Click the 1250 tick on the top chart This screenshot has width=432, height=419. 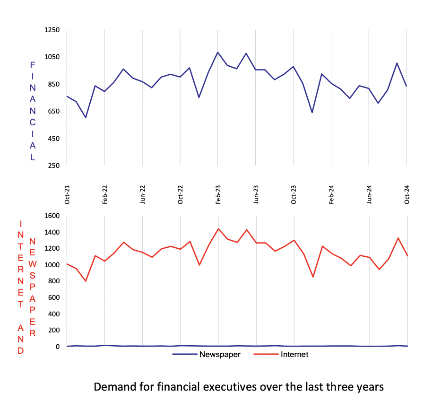pyautogui.click(x=52, y=30)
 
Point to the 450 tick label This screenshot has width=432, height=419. pyautogui.click(x=54, y=139)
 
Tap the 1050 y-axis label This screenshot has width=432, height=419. pyautogui.click(x=52, y=57)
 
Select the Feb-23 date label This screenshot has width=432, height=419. pyautogui.click(x=218, y=194)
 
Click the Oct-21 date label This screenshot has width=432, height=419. pyautogui.click(x=67, y=194)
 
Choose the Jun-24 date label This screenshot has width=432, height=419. pyautogui.click(x=370, y=194)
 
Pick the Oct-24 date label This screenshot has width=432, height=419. pyautogui.click(x=407, y=194)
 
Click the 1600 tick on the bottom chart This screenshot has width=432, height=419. pyautogui.click(x=52, y=216)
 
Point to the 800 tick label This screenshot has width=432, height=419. pyautogui.click(x=54, y=281)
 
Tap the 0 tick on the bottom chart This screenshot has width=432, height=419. pyautogui.click(x=58, y=347)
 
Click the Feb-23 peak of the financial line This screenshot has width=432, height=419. pyautogui.click(x=218, y=52)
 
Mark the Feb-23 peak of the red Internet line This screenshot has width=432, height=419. pyautogui.click(x=218, y=229)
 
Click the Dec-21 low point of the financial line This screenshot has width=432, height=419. pyautogui.click(x=86, y=118)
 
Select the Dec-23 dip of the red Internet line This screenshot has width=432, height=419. pyautogui.click(x=313, y=277)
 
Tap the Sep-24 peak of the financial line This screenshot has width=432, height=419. pyautogui.click(x=397, y=63)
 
